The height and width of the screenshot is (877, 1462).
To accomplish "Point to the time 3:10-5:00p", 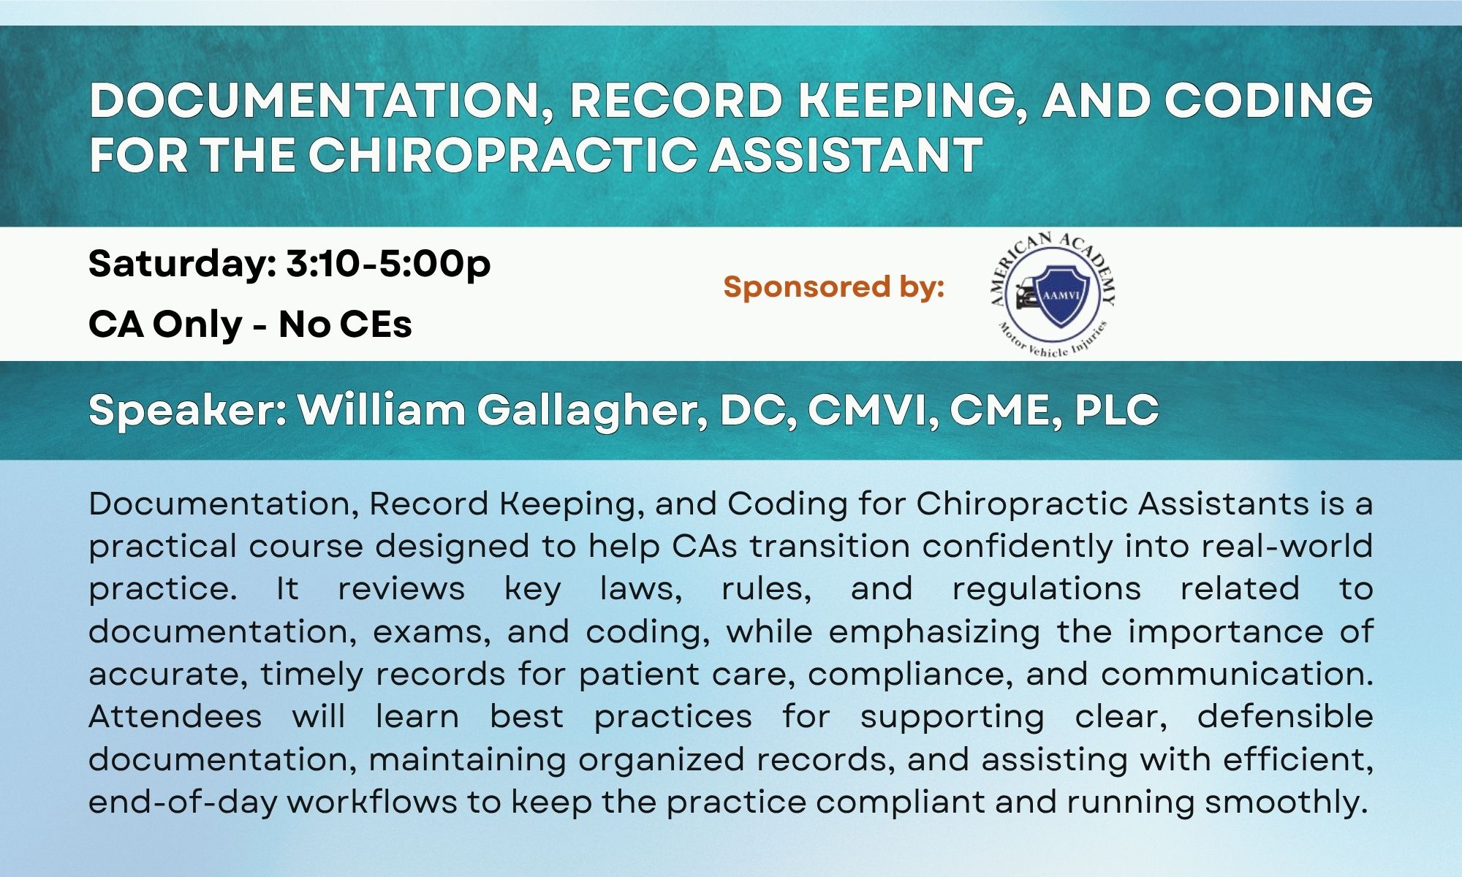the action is (388, 265).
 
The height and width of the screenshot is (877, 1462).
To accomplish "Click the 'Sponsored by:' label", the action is (834, 286).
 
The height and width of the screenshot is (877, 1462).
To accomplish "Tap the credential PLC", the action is (1116, 410).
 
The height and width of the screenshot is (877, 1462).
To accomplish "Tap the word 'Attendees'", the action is (175, 716).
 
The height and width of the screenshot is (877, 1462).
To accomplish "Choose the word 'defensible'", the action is (1285, 716).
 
